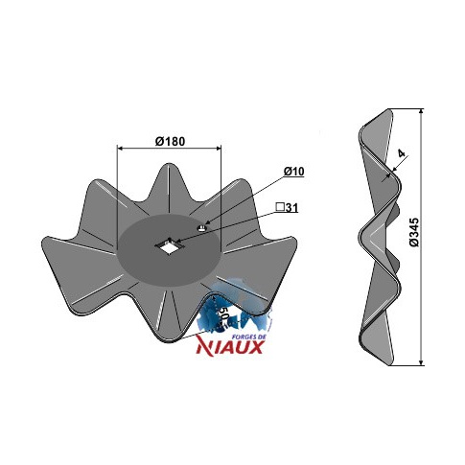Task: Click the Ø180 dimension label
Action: click(x=170, y=141)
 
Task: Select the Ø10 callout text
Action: click(x=293, y=172)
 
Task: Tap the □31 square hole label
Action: click(x=287, y=208)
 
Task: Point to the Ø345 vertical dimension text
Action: click(x=414, y=232)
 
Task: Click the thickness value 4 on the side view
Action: click(x=402, y=153)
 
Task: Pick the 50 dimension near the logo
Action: click(x=224, y=314)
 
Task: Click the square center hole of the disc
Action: click(x=168, y=245)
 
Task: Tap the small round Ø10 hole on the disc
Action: click(x=202, y=227)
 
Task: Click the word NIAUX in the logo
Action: click(x=230, y=346)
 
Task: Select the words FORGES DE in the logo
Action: click(x=247, y=336)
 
